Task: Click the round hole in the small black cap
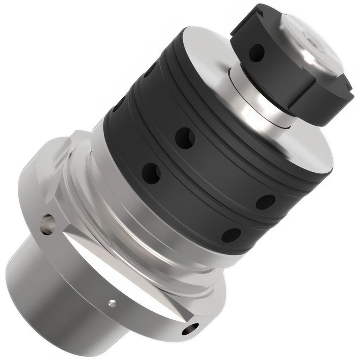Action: (x=256, y=53)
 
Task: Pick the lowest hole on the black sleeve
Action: (x=231, y=235)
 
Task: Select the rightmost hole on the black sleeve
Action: (x=265, y=202)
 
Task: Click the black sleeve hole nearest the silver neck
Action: (x=185, y=138)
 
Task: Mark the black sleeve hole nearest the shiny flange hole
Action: (x=151, y=173)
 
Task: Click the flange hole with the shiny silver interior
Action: (x=48, y=224)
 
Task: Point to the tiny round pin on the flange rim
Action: (x=112, y=303)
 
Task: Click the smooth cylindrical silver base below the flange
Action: (x=54, y=288)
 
